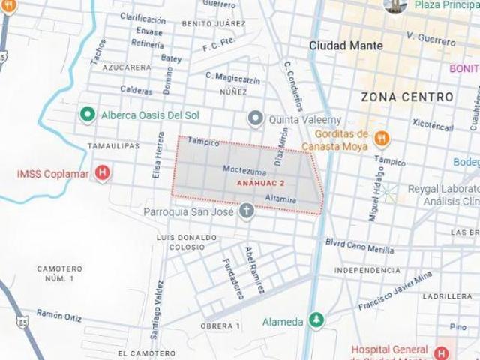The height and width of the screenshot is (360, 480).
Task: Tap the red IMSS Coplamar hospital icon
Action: click(x=103, y=174)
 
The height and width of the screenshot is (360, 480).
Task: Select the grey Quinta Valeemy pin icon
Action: click(x=256, y=119)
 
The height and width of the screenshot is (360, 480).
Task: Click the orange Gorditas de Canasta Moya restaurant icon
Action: click(x=382, y=138)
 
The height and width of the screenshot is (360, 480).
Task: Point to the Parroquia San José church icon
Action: click(x=246, y=212)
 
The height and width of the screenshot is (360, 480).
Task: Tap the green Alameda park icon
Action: click(x=316, y=321)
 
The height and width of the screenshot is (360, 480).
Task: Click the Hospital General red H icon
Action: click(x=441, y=352)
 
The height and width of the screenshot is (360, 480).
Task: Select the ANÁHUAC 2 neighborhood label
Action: click(x=260, y=183)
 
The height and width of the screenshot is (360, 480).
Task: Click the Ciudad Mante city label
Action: click(x=346, y=46)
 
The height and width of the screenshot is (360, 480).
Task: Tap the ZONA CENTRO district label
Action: click(x=407, y=97)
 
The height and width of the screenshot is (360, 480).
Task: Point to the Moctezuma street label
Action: click(x=241, y=169)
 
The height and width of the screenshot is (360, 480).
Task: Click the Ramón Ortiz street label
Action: click(x=59, y=315)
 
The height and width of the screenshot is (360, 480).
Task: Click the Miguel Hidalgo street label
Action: click(x=375, y=195)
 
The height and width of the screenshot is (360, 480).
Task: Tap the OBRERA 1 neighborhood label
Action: click(x=220, y=326)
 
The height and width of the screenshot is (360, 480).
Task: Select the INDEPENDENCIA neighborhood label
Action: click(x=367, y=270)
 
